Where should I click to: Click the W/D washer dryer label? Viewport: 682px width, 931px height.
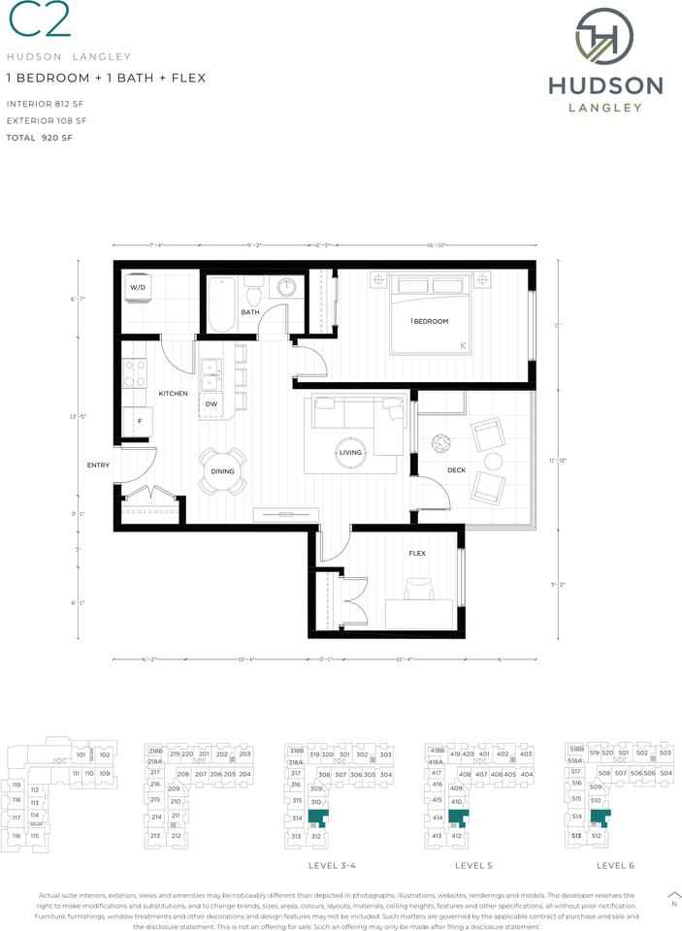coord(138,287)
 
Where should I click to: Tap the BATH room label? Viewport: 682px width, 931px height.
coord(250,312)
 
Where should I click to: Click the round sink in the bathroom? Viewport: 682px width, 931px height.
coord(288,289)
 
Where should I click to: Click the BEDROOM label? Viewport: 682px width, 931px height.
coord(431,321)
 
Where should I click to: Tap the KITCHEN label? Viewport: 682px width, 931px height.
coord(173,394)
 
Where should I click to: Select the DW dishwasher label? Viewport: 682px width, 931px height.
coord(211,404)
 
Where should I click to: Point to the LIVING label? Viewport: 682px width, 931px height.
coord(350,453)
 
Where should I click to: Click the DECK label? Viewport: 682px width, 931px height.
coord(457,470)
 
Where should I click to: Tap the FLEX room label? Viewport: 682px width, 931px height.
coord(417,554)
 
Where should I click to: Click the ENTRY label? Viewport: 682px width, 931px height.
coord(98,465)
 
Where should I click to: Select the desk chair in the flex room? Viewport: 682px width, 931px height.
coord(419,589)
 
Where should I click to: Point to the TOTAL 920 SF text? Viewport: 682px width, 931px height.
coord(40,139)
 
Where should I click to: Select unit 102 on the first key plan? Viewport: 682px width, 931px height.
coord(104,754)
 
